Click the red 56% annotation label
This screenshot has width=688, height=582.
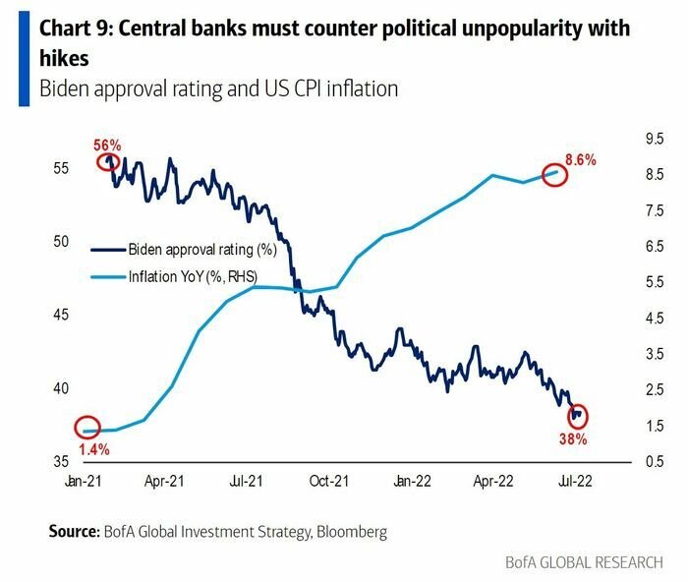tap(107, 145)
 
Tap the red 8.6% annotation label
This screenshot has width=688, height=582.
tap(581, 158)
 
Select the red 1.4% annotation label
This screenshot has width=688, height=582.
tap(94, 449)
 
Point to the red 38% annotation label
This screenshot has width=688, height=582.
tap(574, 439)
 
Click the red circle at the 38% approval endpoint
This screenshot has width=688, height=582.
tap(577, 416)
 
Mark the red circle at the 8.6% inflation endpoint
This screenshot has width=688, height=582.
tap(556, 175)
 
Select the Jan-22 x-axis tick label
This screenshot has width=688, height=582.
tap(413, 483)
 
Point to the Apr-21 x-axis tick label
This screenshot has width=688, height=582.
tap(165, 483)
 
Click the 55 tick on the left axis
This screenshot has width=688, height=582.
tap(61, 168)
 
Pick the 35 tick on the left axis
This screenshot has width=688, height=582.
tap(61, 462)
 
